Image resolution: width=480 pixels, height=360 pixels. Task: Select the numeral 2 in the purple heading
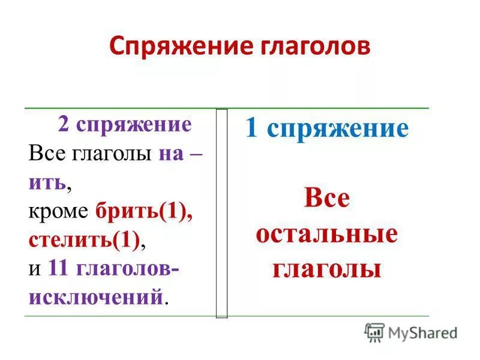(x=63, y=124)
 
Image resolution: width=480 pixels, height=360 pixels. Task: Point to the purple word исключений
(x=95, y=296)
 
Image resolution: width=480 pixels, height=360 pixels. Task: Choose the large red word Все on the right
(x=326, y=199)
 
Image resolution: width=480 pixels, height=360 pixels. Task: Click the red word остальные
(x=326, y=233)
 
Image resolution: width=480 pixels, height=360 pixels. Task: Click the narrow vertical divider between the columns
(x=221, y=213)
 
